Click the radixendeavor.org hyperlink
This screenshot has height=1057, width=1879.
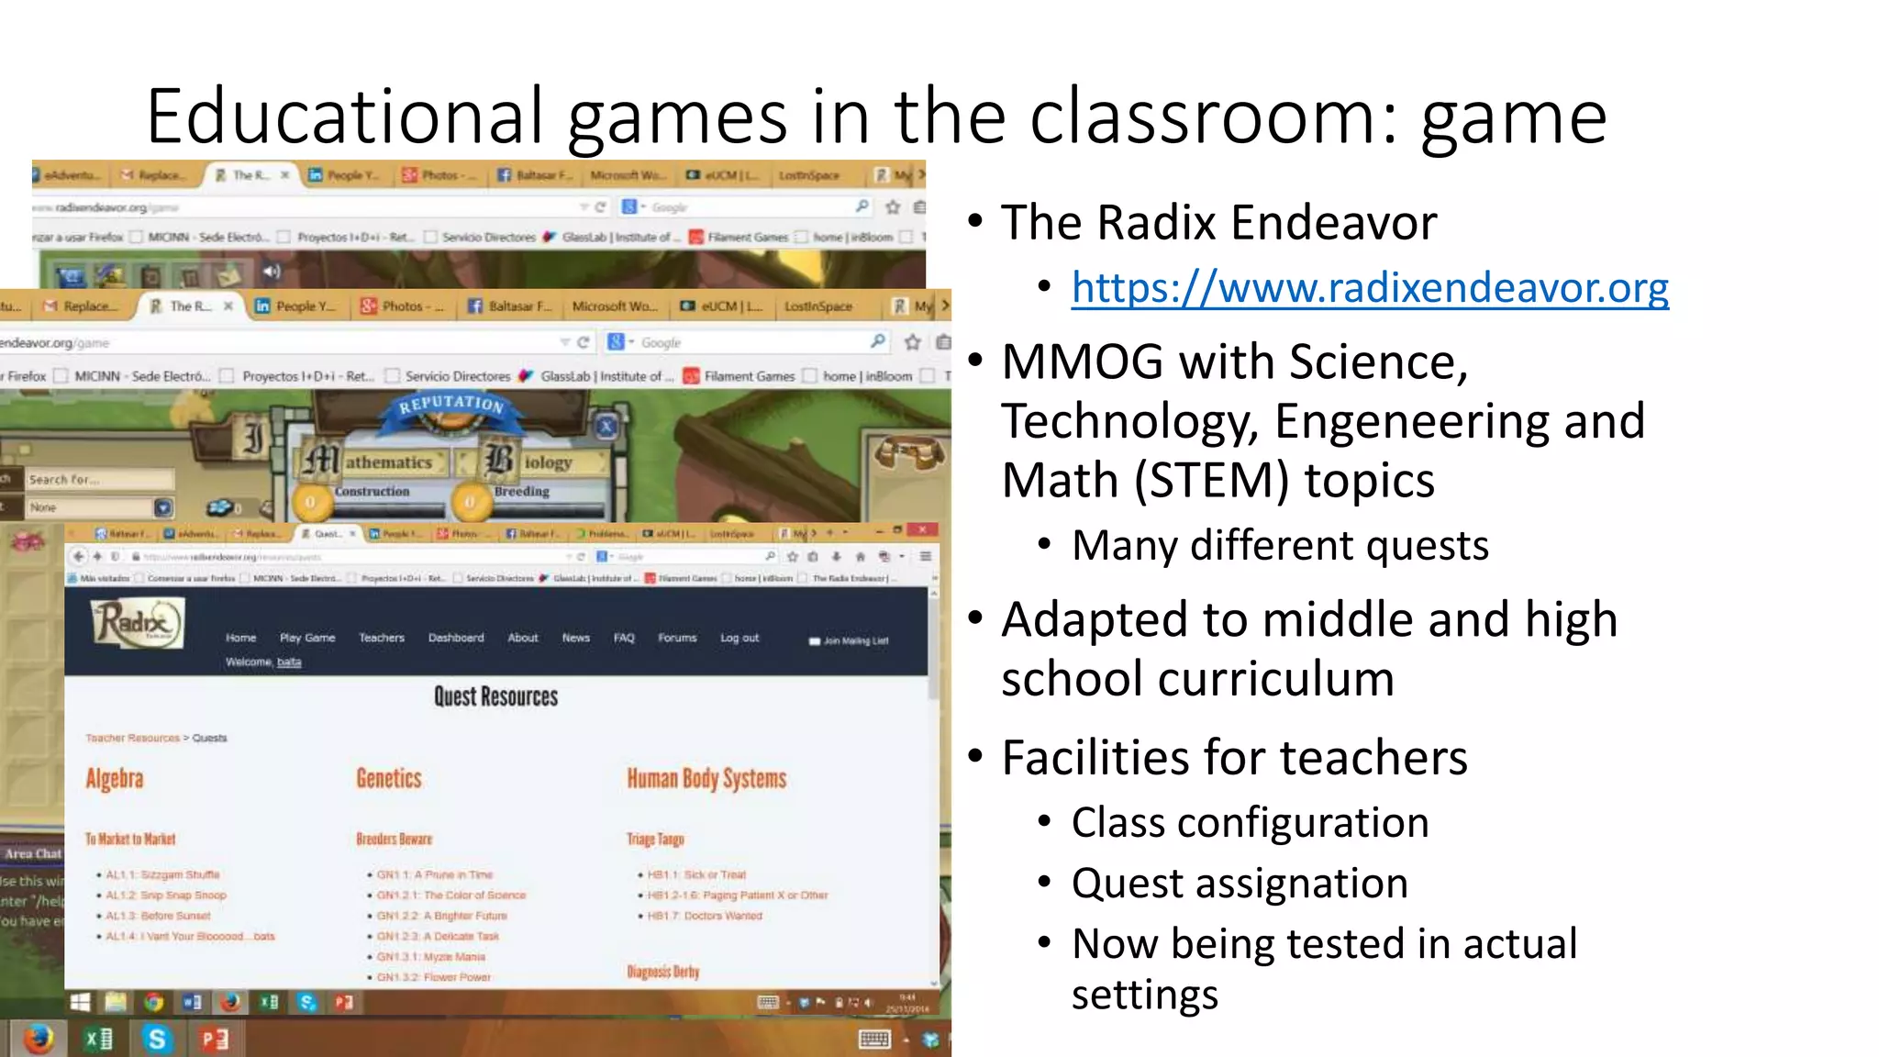(1370, 288)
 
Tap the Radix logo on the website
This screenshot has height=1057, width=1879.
(138, 623)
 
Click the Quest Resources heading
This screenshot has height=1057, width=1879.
(495, 697)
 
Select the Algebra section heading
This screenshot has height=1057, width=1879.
(115, 779)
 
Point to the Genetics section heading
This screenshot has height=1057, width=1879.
(389, 779)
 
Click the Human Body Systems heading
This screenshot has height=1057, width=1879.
(706, 779)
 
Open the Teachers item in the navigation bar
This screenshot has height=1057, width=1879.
(382, 638)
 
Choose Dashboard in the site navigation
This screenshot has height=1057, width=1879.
(456, 638)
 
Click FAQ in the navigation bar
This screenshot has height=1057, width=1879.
(624, 638)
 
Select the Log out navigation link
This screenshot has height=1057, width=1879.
(739, 638)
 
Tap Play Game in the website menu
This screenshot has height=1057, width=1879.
(307, 638)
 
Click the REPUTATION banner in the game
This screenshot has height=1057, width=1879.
(451, 404)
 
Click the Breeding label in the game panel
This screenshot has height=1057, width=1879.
(522, 492)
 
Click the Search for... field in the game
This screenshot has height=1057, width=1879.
(99, 479)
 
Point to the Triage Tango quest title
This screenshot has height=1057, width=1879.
(655, 840)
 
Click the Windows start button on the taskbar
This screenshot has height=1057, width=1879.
(81, 1002)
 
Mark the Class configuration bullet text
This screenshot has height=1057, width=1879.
(1250, 822)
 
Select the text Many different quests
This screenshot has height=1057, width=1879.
(1280, 546)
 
